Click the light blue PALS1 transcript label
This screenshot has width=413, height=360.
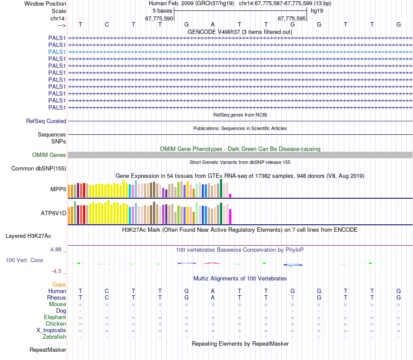point(57,52)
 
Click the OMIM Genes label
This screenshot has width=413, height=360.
point(49,155)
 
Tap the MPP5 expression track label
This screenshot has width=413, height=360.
point(58,189)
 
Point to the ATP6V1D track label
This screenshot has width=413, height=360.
point(53,213)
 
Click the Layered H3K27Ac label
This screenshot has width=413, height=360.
point(28,236)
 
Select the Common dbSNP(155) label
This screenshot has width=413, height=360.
point(39,168)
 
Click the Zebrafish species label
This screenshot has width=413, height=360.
point(54,337)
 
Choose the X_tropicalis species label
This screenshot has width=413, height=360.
point(51,330)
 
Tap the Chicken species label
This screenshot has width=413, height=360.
point(56,323)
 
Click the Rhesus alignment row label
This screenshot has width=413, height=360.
point(57,297)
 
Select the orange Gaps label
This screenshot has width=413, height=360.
point(59,284)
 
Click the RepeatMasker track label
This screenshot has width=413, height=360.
point(48,350)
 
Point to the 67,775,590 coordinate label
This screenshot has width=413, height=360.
point(159,18)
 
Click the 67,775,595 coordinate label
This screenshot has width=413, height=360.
point(292,18)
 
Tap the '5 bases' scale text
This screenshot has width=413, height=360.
point(162,10)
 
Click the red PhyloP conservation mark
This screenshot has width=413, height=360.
point(213,263)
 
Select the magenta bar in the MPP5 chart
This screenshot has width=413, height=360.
point(230,195)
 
